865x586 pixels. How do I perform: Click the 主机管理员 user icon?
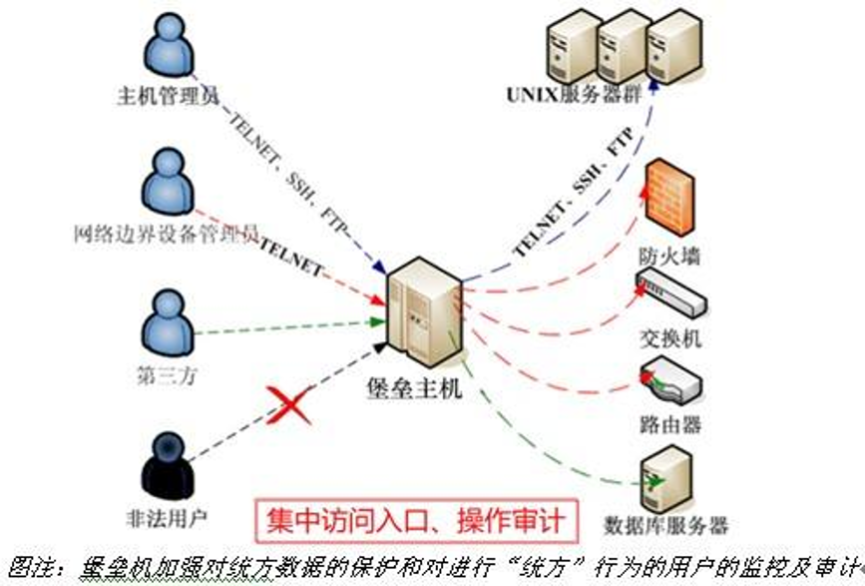point(167,44)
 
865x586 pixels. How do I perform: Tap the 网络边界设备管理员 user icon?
point(167,182)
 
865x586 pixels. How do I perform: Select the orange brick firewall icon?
point(668,194)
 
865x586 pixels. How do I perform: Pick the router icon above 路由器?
point(670,378)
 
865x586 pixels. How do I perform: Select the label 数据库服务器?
point(666,524)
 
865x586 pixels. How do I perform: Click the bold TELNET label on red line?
point(291,258)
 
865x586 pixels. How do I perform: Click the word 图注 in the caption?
point(26,566)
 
